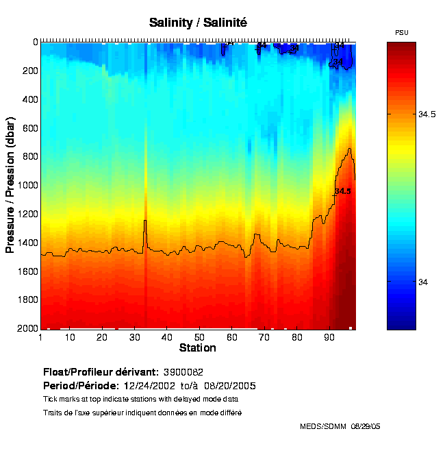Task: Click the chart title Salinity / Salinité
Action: pos(198,23)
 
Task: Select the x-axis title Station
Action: pos(197,348)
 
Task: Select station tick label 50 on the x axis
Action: pos(199,338)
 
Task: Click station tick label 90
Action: pos(329,338)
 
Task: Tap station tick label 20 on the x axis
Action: pos(101,338)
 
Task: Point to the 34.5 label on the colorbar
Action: pos(427,114)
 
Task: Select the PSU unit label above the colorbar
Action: pos(402,33)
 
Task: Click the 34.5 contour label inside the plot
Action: pos(342,191)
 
